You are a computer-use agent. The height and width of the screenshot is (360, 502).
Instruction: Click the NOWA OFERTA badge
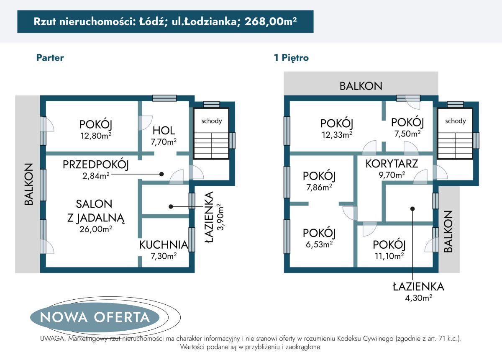pyautogui.click(x=95, y=317)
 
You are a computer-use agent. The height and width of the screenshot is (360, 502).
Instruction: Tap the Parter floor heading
pyautogui.click(x=50, y=58)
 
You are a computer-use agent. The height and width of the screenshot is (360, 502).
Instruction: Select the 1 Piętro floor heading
pyautogui.click(x=291, y=58)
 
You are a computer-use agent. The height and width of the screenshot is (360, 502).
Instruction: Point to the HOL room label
pyautogui.click(x=164, y=130)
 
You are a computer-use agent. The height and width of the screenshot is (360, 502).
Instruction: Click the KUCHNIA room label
pyautogui.click(x=164, y=244)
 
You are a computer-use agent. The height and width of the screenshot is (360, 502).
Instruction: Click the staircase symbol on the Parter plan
pyautogui.click(x=211, y=145)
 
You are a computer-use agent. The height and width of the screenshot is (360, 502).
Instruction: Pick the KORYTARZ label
pyautogui.click(x=392, y=164)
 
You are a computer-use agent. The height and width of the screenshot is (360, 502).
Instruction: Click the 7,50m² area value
pyautogui.click(x=407, y=134)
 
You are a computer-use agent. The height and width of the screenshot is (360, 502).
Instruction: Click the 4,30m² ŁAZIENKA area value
pyautogui.click(x=417, y=298)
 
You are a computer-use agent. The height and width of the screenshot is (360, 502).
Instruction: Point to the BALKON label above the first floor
pyautogui.click(x=361, y=86)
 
